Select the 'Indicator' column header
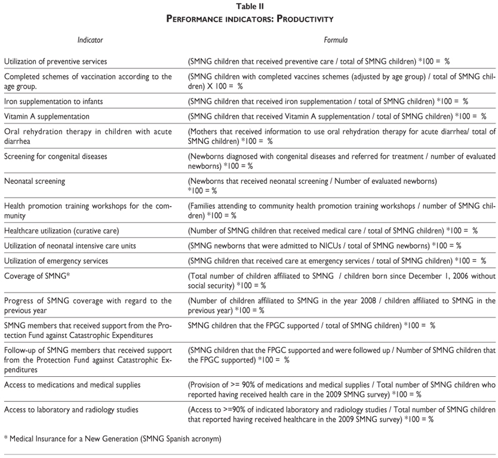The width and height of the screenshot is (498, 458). (90, 40)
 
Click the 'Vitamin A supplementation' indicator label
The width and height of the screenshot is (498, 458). (47, 116)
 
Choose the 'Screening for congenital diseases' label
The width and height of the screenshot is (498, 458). (56, 157)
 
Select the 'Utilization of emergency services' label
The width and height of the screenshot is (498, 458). (56, 261)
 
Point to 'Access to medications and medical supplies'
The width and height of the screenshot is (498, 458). (72, 385)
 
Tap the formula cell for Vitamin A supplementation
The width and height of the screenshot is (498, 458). (337, 116)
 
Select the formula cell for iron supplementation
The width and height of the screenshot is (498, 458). (327, 102)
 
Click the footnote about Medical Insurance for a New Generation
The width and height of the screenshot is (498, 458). (112, 439)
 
